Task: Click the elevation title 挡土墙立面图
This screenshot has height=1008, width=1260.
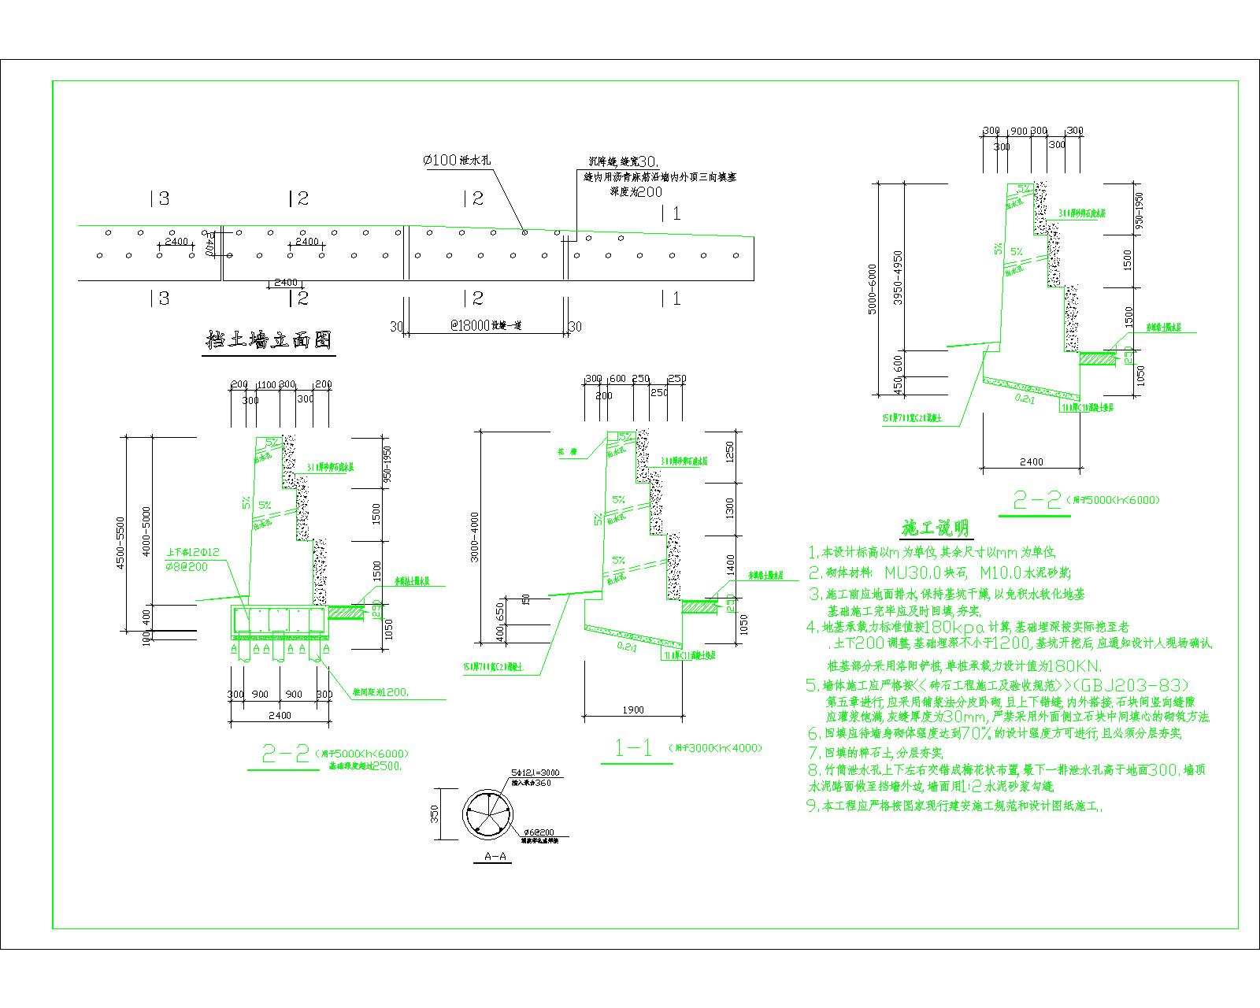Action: point(268,340)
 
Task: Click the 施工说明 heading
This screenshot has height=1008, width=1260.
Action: point(935,527)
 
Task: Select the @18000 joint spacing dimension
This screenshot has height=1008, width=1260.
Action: point(447,325)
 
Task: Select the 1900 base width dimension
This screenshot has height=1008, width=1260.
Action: point(633,710)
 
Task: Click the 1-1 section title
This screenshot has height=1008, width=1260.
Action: point(634,748)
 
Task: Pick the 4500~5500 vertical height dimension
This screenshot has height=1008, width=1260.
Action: point(120,543)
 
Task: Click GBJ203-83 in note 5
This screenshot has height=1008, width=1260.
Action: point(1131,684)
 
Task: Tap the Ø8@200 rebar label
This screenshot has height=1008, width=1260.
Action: point(187,567)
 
